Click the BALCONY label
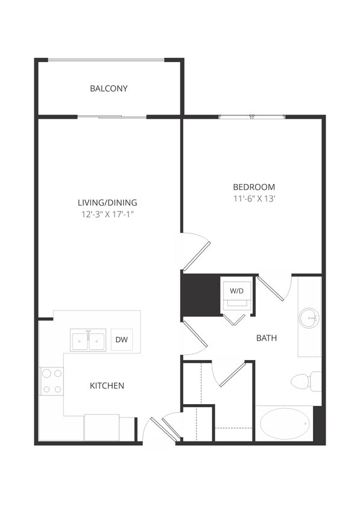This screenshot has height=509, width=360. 109,89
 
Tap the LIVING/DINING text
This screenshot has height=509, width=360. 107,203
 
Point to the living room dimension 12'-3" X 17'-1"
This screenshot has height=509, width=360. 107,214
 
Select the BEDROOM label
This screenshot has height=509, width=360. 254,187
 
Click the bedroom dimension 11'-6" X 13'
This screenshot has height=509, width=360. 254,198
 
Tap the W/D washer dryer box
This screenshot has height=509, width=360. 237,292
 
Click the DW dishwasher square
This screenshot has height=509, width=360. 122,340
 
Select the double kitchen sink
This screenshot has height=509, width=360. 88,340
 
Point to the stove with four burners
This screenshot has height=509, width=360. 51,381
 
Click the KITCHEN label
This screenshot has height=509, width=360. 107,385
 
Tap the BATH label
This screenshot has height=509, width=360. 267,338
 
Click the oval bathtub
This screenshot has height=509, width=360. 285,423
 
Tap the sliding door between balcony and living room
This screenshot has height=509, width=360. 112,116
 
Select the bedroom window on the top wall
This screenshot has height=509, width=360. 251,116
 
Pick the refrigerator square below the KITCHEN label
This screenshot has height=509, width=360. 101,428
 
